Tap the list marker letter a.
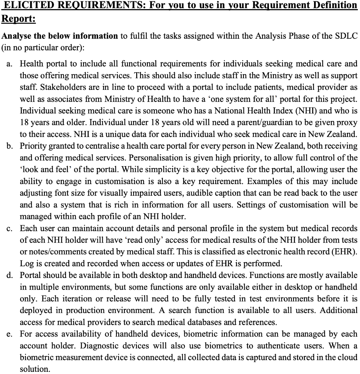[x=9, y=64]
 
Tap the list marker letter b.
[x=9, y=146]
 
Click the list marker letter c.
[x=9, y=229]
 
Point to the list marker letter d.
[x=9, y=275]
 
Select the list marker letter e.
[x=9, y=334]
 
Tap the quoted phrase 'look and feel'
[x=43, y=169]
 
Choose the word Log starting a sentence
[x=26, y=264]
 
